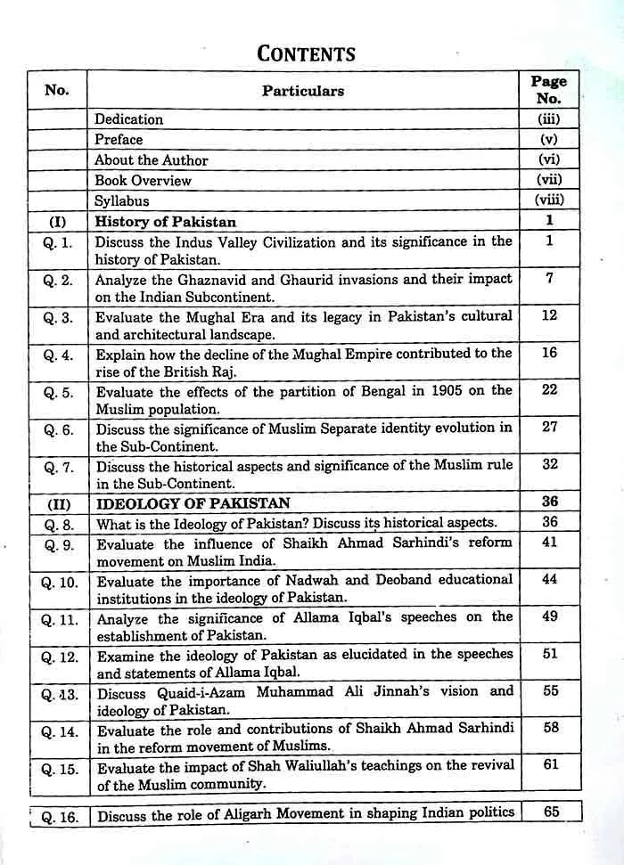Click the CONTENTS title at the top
306,53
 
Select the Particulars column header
302,91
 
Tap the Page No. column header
549,90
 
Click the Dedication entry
129,119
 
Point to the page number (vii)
549,180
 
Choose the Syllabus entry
122,201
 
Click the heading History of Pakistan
166,222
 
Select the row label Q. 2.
58,280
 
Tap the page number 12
549,315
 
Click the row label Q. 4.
58,355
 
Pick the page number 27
549,428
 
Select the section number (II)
58,504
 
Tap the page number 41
549,541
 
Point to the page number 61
550,764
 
